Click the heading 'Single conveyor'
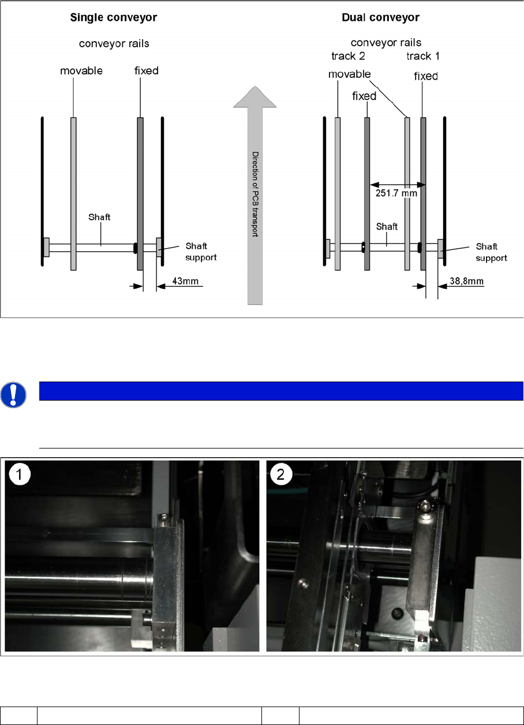114,17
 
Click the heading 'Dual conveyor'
381,17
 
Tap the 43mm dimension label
185,281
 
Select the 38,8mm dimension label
466,281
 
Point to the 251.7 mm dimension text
396,193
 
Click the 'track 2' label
348,56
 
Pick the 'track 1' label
423,56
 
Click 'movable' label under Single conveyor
81,71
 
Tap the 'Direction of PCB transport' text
256,194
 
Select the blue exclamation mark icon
13,395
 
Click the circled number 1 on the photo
20,474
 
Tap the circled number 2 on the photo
280,474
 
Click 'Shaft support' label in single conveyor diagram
201,252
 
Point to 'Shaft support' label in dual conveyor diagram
491,252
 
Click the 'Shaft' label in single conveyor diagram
99,217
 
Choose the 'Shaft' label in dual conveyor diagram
387,226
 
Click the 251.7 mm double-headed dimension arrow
398,185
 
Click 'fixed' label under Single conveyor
146,71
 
